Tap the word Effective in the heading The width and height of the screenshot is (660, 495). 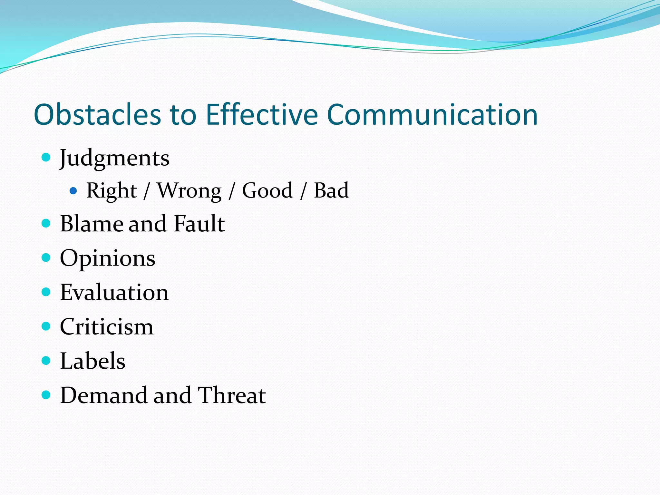[262, 115]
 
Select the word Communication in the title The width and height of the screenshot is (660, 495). [432, 115]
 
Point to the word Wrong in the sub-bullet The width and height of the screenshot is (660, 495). [189, 190]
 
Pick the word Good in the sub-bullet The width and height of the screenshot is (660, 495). [267, 190]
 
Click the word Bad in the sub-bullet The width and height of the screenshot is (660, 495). [331, 190]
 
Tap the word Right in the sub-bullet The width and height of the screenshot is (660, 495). [112, 190]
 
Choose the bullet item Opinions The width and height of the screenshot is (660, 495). [108, 258]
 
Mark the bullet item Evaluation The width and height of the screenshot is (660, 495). [114, 292]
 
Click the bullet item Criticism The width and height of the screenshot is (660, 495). [107, 326]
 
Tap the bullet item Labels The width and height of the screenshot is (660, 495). [92, 361]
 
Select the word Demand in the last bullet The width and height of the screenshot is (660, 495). [103, 395]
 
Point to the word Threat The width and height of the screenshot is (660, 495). [231, 395]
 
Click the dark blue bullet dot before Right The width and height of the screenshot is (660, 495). [73, 191]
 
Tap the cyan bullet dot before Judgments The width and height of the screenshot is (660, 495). [46, 157]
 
